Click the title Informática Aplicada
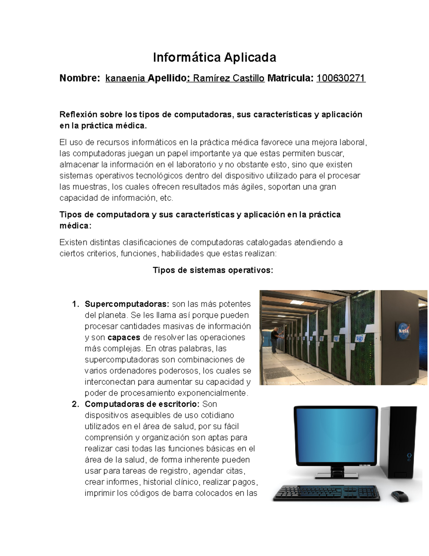coord(214,57)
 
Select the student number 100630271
coord(341,78)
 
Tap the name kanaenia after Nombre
coord(125,78)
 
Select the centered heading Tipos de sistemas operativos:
coord(213,270)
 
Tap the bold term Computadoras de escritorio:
coord(142,404)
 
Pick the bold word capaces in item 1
coord(124,338)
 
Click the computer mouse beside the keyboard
coord(400,496)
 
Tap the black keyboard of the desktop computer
coord(326,493)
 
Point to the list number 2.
coord(75,404)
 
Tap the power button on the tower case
coord(409,456)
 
